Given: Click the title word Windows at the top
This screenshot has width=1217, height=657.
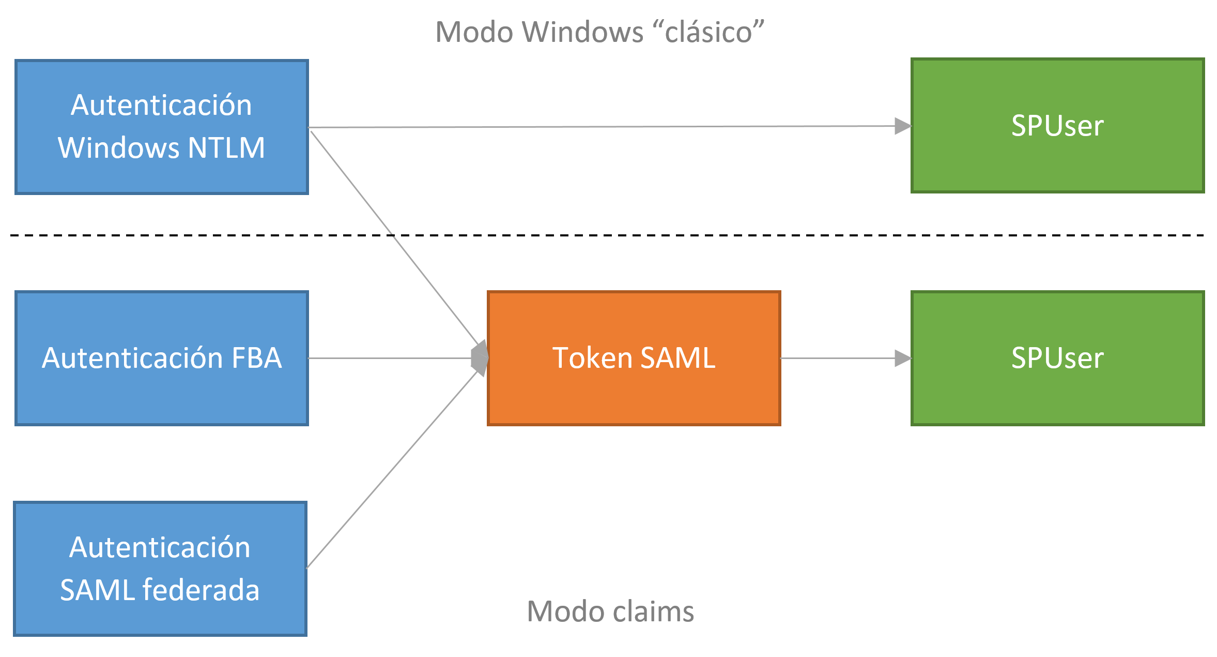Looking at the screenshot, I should (582, 32).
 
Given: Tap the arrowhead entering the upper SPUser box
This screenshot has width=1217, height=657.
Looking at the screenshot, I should (902, 126).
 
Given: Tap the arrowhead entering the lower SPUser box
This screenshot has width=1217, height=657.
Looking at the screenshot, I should (902, 358).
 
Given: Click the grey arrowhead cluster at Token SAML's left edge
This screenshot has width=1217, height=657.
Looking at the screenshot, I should (480, 358).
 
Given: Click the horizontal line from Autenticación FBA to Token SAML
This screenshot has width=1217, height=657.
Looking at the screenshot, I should (388, 358).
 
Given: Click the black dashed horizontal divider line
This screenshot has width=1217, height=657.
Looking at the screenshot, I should (672, 235).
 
